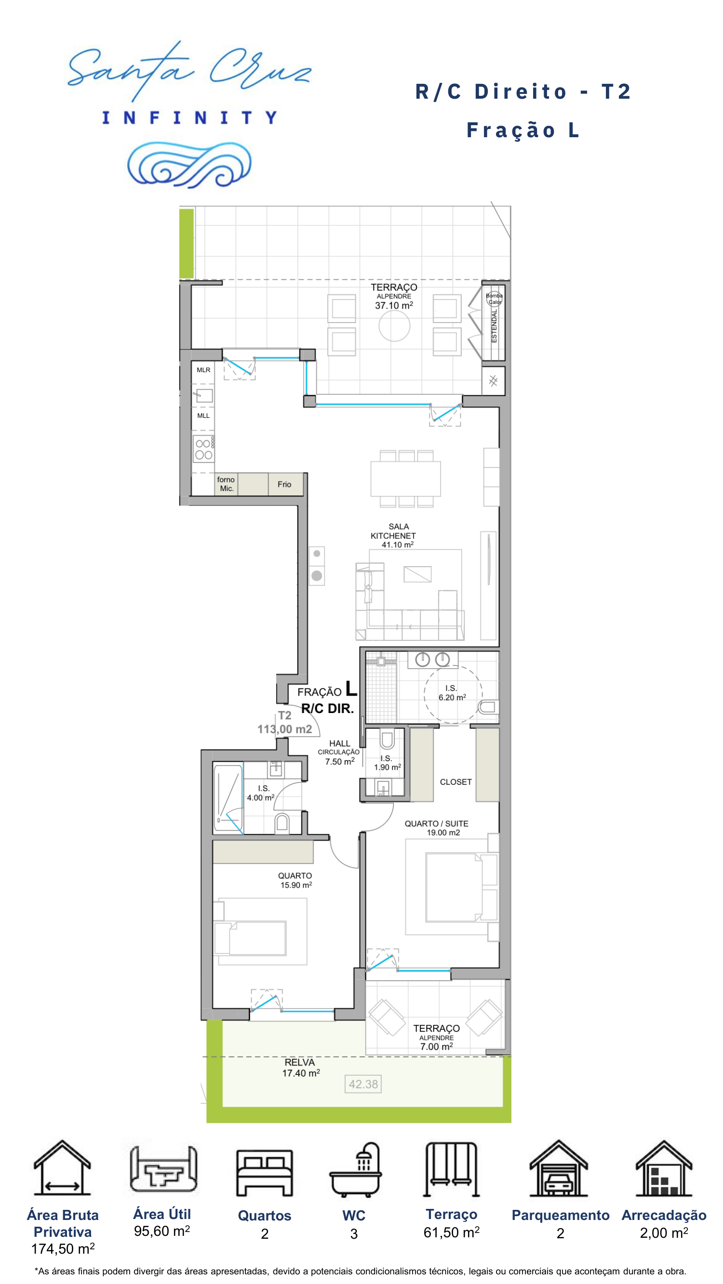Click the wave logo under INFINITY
189,165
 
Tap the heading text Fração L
523,130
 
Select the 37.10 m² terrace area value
394,305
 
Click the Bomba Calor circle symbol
494,298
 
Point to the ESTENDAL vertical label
494,325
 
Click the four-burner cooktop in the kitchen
203,449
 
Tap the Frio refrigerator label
284,484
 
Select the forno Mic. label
226,484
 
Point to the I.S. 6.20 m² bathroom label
452,693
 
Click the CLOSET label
455,782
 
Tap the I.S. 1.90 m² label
387,763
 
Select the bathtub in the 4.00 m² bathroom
228,798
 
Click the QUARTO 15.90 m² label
295,880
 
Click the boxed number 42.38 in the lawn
363,1084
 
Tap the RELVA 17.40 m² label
300,1067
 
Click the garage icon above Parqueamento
558,1168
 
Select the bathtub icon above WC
355,1169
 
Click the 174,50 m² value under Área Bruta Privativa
63,1248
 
